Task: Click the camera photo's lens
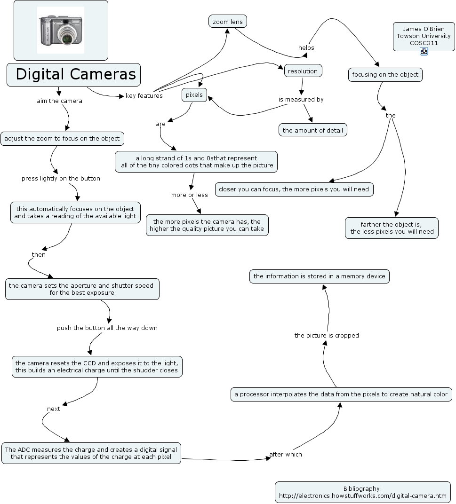[67, 38]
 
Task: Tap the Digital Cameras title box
[74, 75]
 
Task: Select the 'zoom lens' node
[227, 22]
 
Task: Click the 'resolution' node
[303, 71]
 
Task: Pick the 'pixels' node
[194, 95]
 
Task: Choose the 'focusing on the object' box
[385, 75]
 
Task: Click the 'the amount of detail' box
[313, 130]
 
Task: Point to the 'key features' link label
[144, 95]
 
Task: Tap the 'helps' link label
[306, 47]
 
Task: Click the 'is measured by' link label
[301, 99]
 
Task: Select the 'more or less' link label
[190, 195]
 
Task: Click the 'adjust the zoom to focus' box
[62, 139]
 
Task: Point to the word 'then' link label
[39, 254]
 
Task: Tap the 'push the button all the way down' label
[107, 328]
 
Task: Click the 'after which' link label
[286, 454]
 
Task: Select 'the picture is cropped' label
[327, 335]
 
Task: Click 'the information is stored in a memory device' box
[319, 276]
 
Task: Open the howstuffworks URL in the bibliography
[363, 496]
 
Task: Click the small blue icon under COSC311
[424, 51]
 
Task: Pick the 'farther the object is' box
[392, 228]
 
